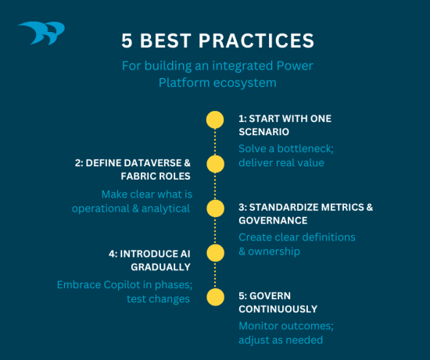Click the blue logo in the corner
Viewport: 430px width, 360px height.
41,34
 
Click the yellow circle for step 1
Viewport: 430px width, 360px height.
215,119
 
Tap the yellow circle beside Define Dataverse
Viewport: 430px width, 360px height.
215,164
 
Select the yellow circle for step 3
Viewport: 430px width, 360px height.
215,209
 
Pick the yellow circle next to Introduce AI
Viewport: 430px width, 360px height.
215,253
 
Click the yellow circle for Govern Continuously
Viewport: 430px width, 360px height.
215,298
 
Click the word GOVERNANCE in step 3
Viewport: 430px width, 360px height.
274,221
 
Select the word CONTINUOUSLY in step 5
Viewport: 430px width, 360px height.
278,310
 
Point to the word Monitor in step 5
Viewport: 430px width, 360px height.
260,325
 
